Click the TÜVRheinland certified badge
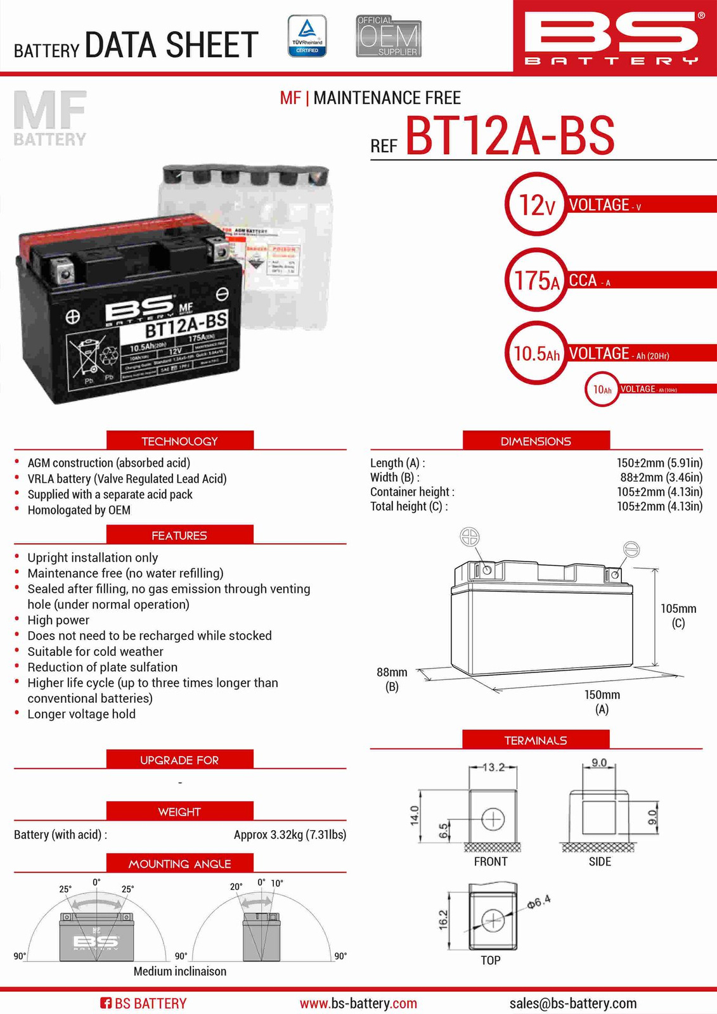[307, 36]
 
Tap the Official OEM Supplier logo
[389, 37]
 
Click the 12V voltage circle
[536, 205]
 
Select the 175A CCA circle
[536, 279]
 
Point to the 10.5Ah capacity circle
[536, 353]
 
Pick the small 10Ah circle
[602, 389]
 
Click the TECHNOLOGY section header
[179, 441]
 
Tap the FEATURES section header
[179, 536]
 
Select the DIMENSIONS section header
[536, 441]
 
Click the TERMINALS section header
[536, 740]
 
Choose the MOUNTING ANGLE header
[179, 864]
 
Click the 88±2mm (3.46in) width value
[661, 478]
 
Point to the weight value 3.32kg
[290, 835]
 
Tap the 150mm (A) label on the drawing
[602, 702]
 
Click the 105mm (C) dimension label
[678, 615]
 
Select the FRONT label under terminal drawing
[491, 862]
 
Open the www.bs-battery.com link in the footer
[358, 1003]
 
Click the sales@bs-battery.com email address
[572, 1003]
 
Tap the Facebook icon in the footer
[106, 1003]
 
